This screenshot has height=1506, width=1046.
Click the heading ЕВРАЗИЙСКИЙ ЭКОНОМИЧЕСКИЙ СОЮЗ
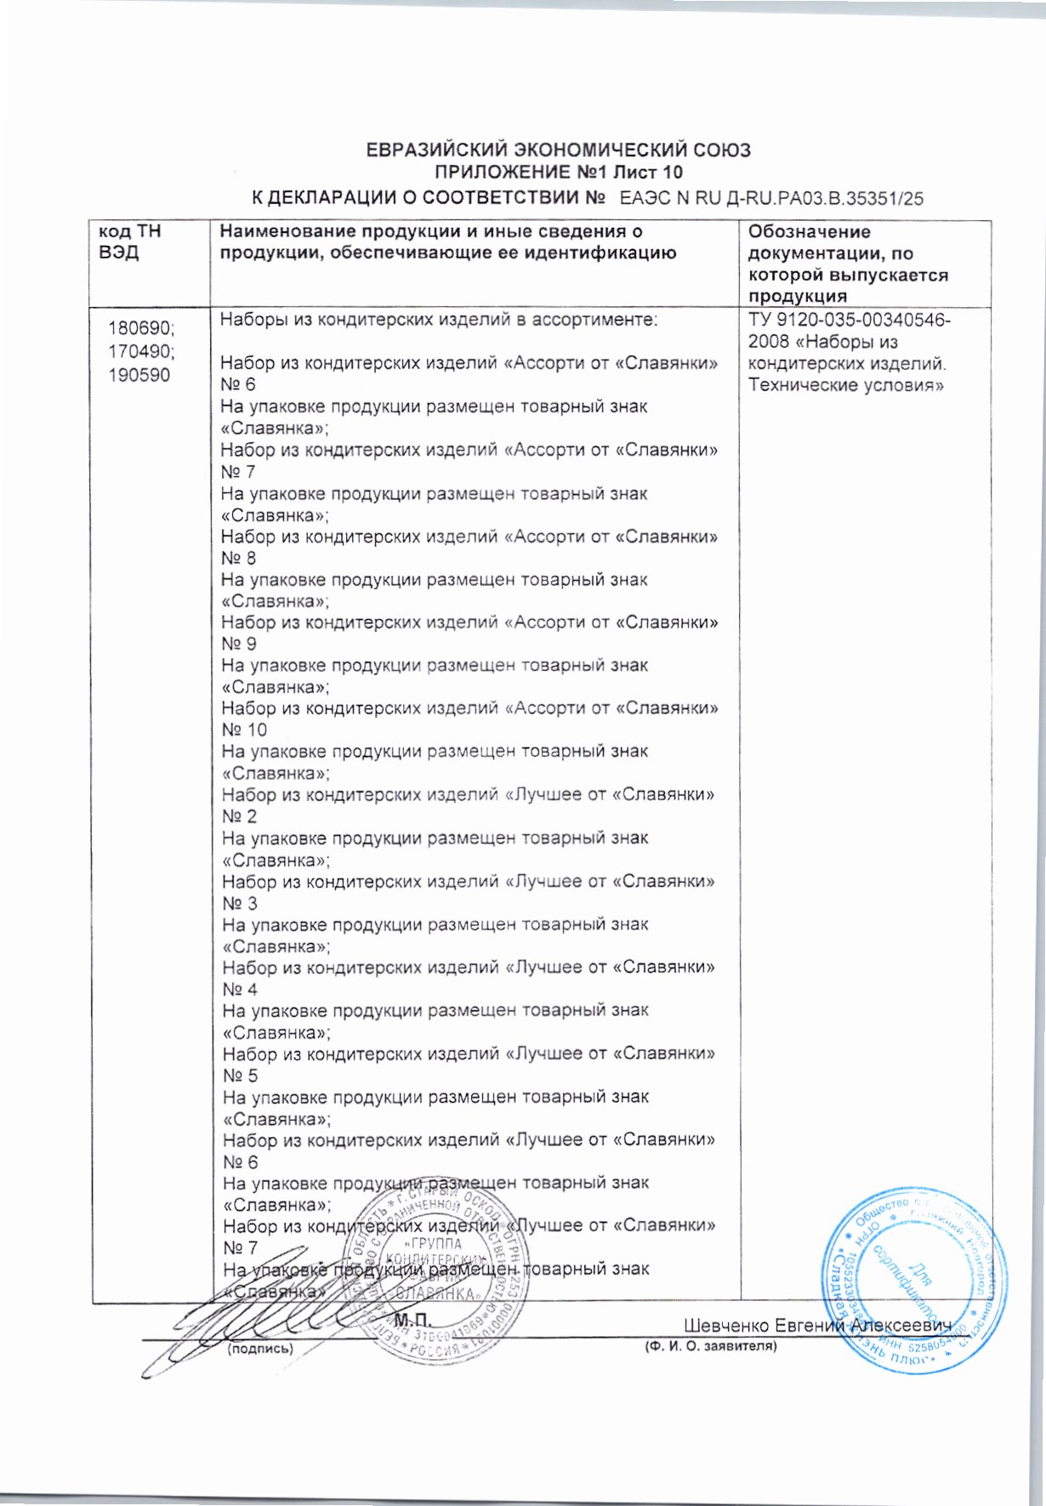pos(558,151)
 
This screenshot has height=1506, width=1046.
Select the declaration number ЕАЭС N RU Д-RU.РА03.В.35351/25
pos(771,199)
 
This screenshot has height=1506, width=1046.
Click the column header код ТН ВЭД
pos(129,242)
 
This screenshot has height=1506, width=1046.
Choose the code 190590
pos(139,374)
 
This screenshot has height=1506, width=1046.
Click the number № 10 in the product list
pos(244,730)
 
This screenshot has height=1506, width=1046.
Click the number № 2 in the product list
pos(239,816)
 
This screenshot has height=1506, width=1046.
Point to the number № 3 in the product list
pos(239,903)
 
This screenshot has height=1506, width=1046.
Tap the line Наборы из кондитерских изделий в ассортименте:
pos(439,320)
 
